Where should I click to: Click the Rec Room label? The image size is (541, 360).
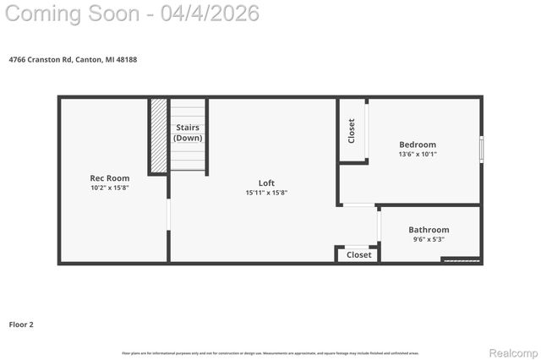pos(110,178)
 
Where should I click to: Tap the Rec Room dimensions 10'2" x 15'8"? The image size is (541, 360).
pos(110,188)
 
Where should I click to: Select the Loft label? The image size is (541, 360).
pos(266,183)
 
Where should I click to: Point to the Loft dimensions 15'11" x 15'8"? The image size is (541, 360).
pos(266,193)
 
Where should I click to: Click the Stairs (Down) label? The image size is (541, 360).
pos(188,133)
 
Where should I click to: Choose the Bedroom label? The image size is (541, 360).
pos(418,145)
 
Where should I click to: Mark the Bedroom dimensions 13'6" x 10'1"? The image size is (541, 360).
pos(418,154)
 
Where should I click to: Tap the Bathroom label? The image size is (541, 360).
pos(429,230)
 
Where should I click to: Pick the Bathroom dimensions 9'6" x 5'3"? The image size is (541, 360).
pos(429,239)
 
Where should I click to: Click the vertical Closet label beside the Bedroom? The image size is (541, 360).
pos(352,130)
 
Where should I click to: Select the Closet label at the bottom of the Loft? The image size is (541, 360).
pos(358,254)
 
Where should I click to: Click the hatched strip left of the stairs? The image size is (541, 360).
pos(159,136)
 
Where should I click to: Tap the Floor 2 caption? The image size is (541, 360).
pos(21,324)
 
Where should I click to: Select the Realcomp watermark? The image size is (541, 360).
pos(513,352)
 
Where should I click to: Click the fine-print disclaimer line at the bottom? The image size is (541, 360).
pos(270,352)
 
